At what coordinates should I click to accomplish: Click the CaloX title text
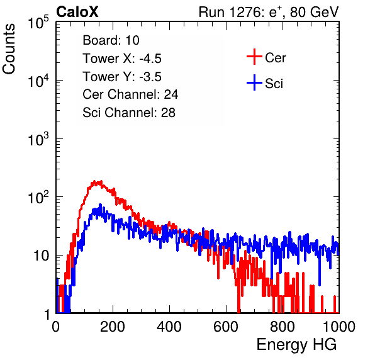(77, 12)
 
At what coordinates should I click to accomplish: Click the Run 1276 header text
(269, 12)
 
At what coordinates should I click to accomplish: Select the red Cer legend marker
(254, 57)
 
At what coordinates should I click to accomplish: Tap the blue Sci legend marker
(254, 82)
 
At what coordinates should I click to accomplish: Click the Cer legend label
(275, 58)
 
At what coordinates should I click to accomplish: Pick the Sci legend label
(274, 84)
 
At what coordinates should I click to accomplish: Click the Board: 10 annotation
(111, 40)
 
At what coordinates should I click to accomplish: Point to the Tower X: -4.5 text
(122, 59)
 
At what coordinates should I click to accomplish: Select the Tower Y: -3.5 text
(122, 77)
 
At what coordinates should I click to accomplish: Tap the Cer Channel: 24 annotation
(130, 94)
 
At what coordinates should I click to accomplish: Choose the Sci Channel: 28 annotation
(129, 113)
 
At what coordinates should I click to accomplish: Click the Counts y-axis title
(9, 49)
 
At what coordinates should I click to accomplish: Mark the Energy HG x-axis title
(296, 345)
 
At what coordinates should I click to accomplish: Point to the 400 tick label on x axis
(169, 327)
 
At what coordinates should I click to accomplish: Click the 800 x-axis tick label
(283, 327)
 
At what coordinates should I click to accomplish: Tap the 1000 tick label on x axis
(339, 327)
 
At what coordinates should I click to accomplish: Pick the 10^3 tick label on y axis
(38, 138)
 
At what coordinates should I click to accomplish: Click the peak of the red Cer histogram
(94, 181)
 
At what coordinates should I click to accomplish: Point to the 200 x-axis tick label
(113, 327)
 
